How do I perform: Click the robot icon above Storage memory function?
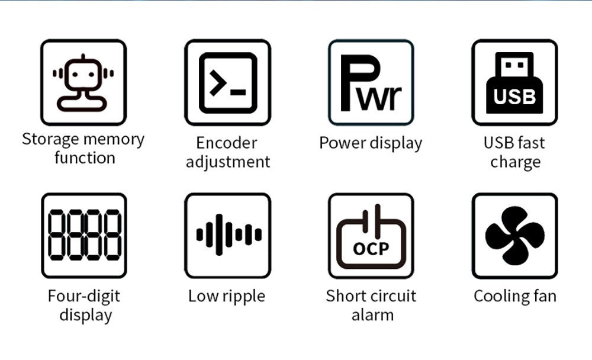click(x=83, y=82)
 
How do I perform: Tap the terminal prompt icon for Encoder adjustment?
click(x=228, y=82)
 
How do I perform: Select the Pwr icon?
click(x=371, y=82)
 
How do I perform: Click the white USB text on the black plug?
click(x=514, y=97)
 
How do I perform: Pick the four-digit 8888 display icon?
click(x=83, y=235)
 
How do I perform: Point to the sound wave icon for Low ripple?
click(x=228, y=235)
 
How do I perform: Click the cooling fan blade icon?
click(x=514, y=235)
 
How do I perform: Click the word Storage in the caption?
click(x=50, y=140)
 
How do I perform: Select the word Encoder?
click(x=227, y=143)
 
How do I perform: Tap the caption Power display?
click(x=371, y=143)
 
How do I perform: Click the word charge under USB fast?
click(x=515, y=162)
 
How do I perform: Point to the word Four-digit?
click(x=83, y=296)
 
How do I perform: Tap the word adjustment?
click(x=228, y=162)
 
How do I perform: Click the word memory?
click(x=114, y=140)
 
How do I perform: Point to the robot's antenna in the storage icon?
click(x=83, y=57)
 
